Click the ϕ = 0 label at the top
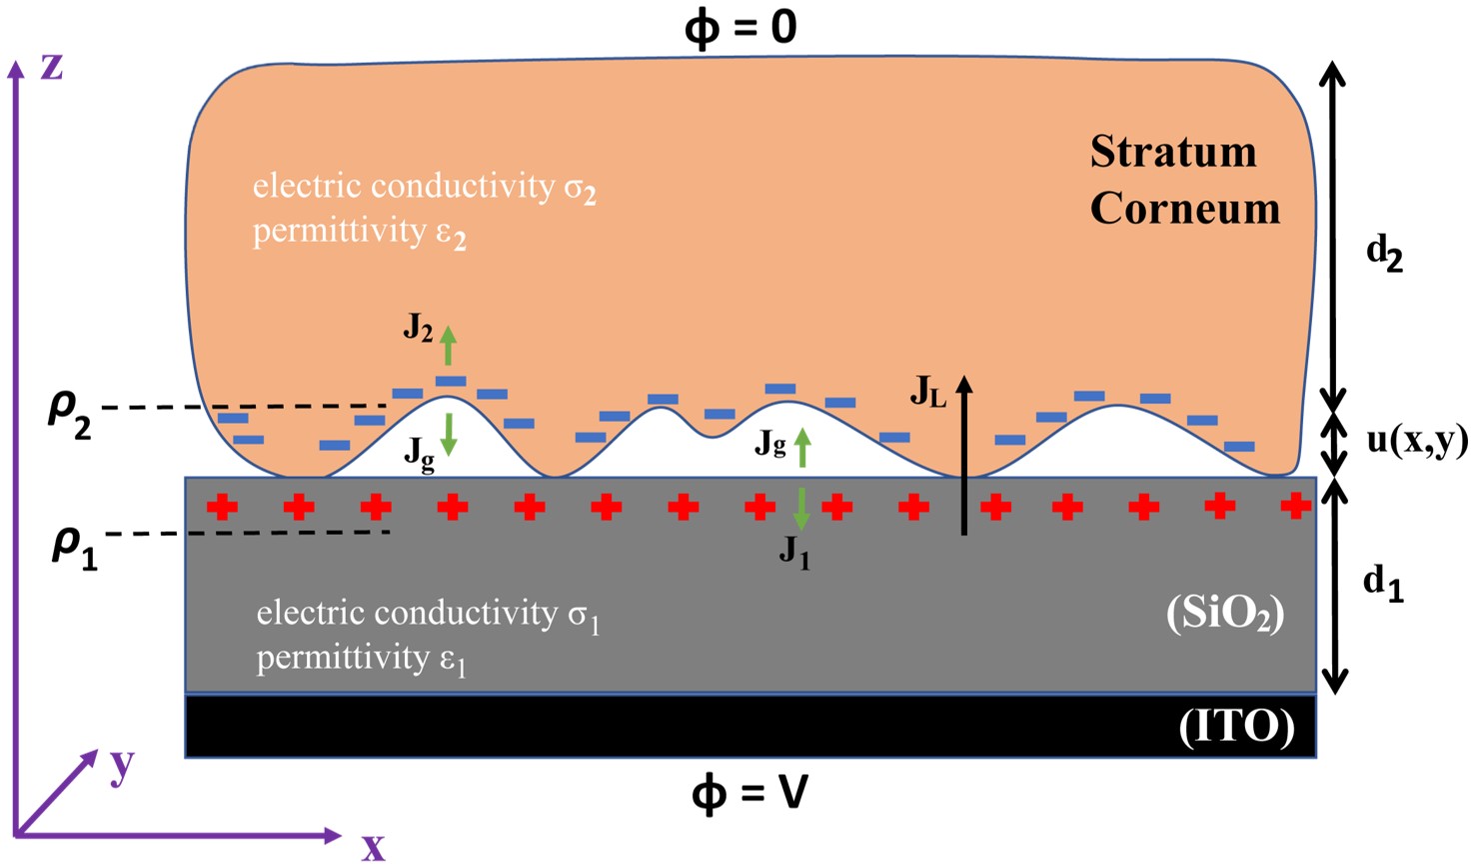(x=740, y=27)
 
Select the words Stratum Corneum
(x=1184, y=180)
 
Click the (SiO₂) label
(x=1225, y=613)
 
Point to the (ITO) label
(x=1236, y=727)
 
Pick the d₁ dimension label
(x=1383, y=583)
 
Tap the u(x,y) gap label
(x=1417, y=440)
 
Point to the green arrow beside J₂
(x=449, y=345)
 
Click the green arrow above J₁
(x=800, y=509)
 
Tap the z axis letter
(x=51, y=67)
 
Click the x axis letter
(x=373, y=846)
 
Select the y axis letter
(x=122, y=766)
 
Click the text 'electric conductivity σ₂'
(x=424, y=187)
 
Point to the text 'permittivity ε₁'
(x=361, y=660)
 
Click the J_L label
(x=926, y=392)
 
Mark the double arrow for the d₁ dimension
(x=1335, y=585)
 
